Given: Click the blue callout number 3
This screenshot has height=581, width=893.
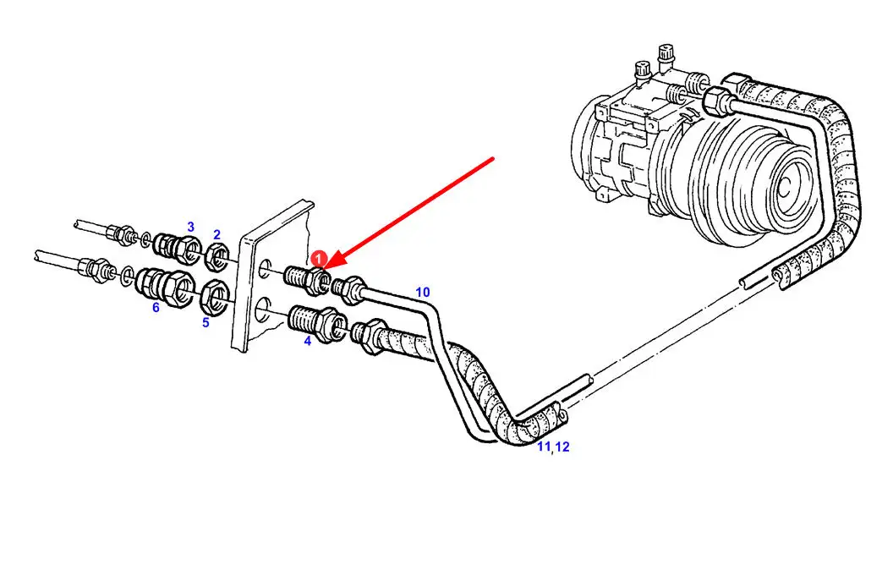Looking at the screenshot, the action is click(x=191, y=227).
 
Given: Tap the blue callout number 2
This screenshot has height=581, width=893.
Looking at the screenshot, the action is click(x=217, y=234).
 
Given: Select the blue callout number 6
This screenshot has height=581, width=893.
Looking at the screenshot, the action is click(x=156, y=308).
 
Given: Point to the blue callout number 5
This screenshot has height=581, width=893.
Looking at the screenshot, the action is click(x=205, y=322).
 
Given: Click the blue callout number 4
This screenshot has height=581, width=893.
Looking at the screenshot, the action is click(x=308, y=341).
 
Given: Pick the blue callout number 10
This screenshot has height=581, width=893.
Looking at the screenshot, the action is click(x=423, y=293).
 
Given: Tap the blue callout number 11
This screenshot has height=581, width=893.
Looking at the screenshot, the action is click(x=544, y=447).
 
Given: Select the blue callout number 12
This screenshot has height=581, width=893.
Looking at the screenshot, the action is click(x=562, y=447).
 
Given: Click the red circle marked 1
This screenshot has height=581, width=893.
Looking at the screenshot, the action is click(x=319, y=259).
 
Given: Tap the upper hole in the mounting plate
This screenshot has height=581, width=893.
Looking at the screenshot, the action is click(x=265, y=269).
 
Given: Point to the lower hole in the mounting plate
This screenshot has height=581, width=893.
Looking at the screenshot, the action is click(x=264, y=310).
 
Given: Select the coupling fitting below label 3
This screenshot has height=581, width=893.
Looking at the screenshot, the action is click(x=178, y=248).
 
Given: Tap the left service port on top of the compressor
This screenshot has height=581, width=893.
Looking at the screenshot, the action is click(x=643, y=72).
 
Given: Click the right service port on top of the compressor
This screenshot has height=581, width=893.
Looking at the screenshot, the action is click(x=666, y=57).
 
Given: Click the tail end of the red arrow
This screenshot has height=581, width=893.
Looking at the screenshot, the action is click(x=493, y=159).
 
